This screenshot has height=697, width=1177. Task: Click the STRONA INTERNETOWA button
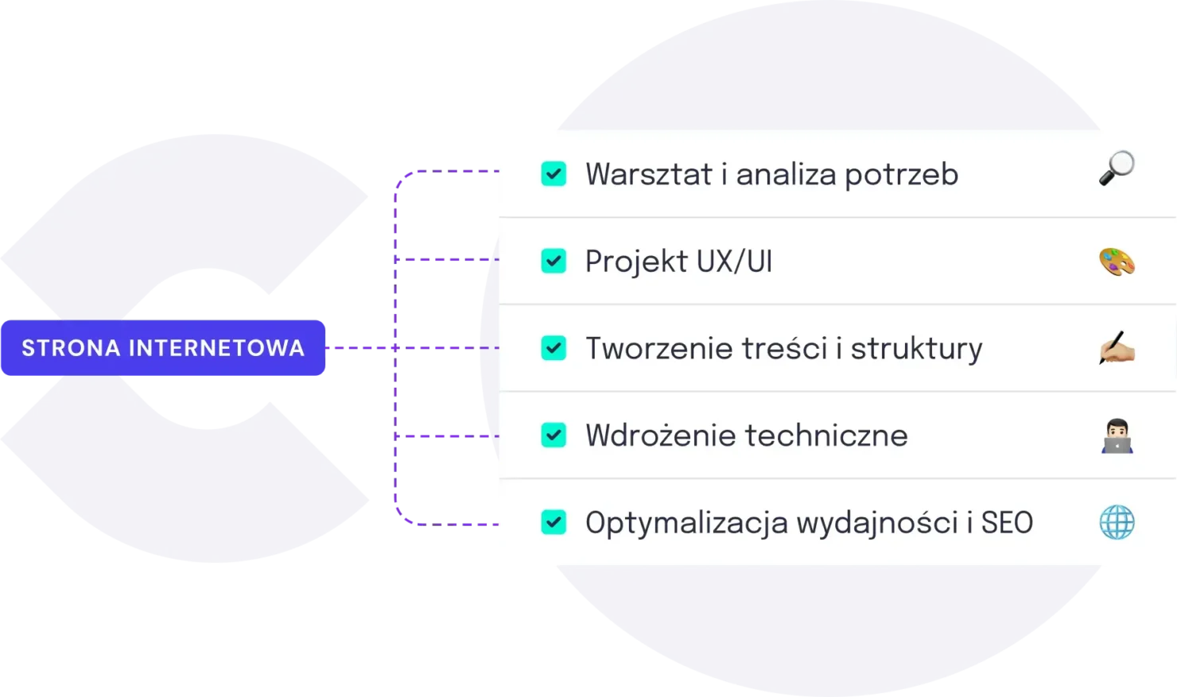point(163,348)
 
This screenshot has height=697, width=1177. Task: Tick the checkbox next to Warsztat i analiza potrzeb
point(554,174)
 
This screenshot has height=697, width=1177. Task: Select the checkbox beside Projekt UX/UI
point(554,261)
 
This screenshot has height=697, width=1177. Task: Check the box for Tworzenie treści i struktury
point(554,348)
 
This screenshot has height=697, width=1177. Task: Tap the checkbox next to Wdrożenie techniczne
point(554,436)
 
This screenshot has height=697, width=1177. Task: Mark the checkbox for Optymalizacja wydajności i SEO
point(554,522)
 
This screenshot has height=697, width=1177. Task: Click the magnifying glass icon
point(1117,168)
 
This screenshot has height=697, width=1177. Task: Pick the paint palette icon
point(1117,261)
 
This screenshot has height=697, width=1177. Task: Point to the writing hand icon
point(1117,348)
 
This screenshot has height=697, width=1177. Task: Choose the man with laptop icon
point(1117,436)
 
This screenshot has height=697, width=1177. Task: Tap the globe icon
point(1117,522)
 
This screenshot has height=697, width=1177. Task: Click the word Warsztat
point(648,175)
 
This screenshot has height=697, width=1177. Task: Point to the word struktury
point(916,349)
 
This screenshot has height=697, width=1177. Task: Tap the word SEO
point(1007,523)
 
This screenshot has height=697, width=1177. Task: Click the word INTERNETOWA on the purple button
point(216,348)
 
